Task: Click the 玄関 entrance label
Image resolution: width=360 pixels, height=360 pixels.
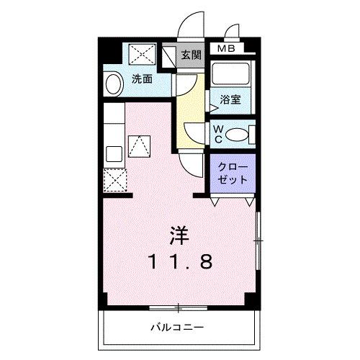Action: coord(191,55)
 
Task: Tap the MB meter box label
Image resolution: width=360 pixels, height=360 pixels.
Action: coord(226,49)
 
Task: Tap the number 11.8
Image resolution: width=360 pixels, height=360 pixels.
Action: coord(180,261)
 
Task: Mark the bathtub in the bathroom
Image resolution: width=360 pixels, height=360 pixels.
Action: coord(230,76)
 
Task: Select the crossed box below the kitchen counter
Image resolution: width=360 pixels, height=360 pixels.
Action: coord(114,178)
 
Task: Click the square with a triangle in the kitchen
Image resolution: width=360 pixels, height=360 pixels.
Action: coord(138,147)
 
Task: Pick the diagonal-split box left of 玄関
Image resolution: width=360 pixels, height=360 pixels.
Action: coord(169,55)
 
